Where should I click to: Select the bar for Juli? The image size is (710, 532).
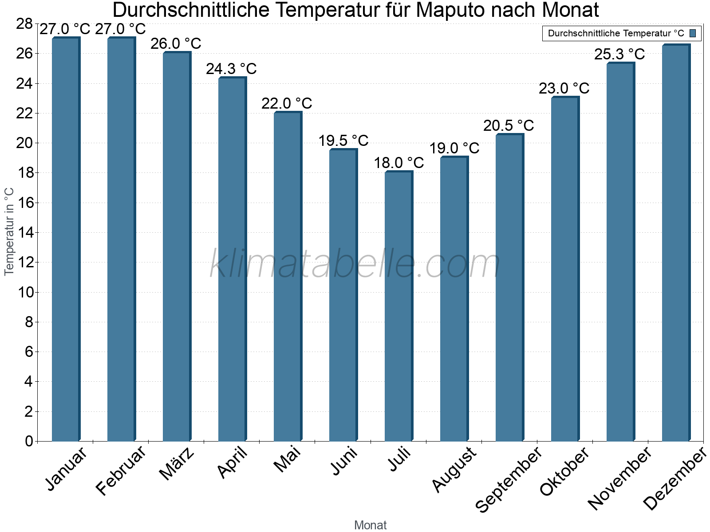coord(398,306)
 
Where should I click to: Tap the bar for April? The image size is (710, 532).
coord(232,259)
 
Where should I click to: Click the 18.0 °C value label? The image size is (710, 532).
coord(398,163)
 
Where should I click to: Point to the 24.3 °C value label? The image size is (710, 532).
coord(231,69)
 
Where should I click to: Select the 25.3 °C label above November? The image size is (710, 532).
coord(619,54)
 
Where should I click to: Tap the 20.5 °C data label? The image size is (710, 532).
coord(509,125)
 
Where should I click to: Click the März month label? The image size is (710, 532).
coord(177,463)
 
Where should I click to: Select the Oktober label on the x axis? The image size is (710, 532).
coord(564,471)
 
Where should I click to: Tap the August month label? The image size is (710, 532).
coord(454,469)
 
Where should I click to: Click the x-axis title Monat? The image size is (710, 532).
coord(370,525)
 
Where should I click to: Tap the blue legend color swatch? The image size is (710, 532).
coord(693,33)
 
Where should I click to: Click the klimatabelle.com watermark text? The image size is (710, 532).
coord(355,264)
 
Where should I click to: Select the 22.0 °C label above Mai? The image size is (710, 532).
coord(287,103)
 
